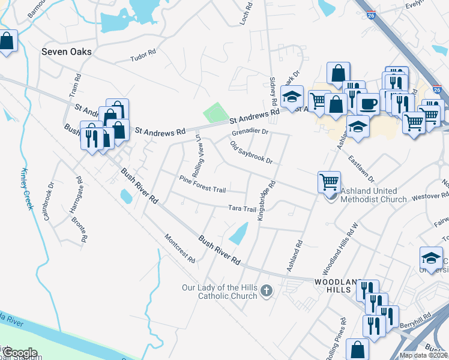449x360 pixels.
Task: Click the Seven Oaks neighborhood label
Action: point(66,52)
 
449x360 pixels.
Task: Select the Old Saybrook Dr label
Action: point(251,153)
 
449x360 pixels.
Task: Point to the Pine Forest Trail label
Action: point(202,184)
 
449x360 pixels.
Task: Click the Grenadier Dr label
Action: point(250,130)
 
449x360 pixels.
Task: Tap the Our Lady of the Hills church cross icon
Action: point(267,292)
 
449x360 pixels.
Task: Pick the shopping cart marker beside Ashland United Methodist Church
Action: point(328,181)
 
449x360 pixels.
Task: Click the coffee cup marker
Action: point(367,103)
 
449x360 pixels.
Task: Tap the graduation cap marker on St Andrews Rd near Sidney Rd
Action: point(292,98)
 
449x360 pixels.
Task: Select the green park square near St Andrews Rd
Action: point(216,112)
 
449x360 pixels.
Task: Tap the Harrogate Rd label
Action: point(74,194)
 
